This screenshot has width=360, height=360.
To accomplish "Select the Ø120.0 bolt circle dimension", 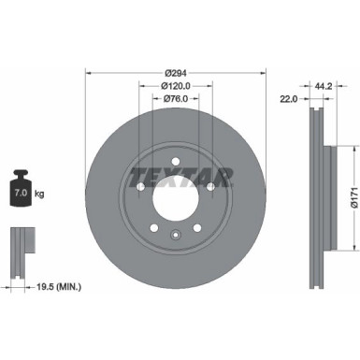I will tap(174, 86).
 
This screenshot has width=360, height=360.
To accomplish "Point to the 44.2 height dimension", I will tap(323, 86).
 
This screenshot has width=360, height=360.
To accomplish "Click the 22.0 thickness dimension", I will tap(289, 98).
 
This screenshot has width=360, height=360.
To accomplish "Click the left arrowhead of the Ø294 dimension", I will tap(90, 73).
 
